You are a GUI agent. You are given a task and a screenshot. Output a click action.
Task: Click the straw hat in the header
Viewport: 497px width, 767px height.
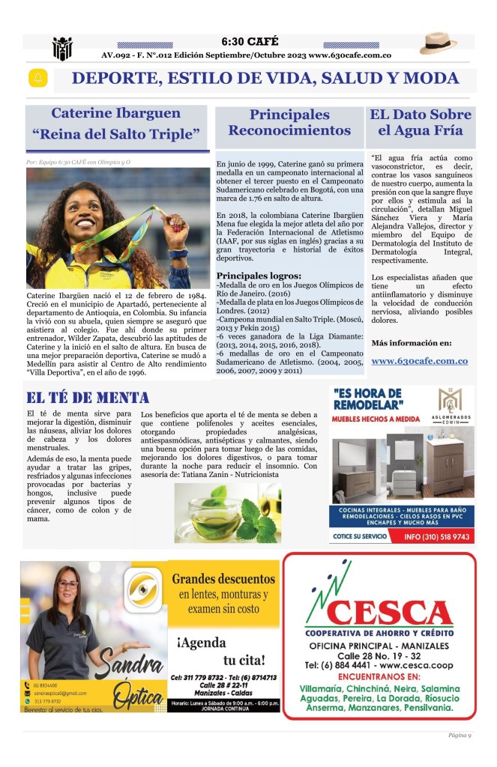click(438, 43)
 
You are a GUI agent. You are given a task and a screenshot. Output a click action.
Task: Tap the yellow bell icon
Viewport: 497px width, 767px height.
click(37, 78)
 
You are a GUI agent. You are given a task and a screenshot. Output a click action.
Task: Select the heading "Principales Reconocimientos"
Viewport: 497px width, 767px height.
click(289, 123)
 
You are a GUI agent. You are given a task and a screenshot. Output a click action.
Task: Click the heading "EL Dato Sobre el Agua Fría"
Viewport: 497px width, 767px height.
click(421, 123)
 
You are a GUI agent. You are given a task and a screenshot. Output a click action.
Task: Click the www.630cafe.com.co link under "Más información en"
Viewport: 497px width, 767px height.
click(419, 360)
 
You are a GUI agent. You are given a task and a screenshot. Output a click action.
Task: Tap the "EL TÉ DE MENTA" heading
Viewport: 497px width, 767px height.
click(88, 398)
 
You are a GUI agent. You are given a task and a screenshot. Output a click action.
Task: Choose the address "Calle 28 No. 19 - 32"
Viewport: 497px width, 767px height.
click(379, 655)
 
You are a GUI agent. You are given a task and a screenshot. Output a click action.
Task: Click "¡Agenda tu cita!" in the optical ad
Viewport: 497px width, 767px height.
click(221, 651)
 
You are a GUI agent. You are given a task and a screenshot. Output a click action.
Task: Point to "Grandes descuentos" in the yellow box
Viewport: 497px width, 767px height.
click(223, 579)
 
